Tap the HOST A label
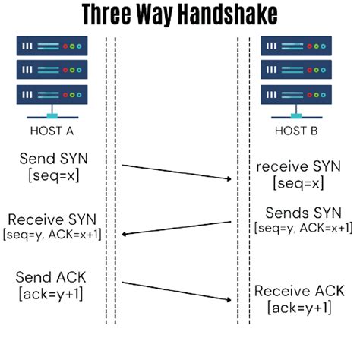click(52, 130)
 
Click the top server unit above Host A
click(52, 46)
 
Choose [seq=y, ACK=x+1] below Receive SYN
click(52, 234)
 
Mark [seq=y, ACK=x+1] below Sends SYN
click(303, 227)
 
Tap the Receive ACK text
click(298, 291)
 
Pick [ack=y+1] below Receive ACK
click(298, 308)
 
